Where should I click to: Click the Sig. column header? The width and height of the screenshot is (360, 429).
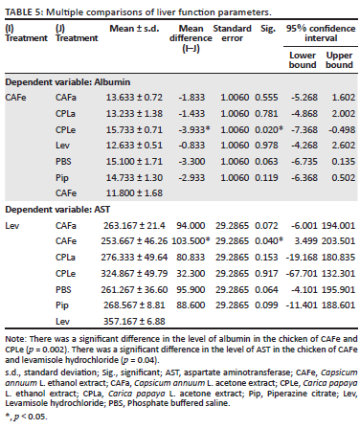click(268, 29)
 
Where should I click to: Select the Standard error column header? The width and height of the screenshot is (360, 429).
click(232, 34)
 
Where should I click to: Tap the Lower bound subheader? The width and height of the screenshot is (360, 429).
click(303, 60)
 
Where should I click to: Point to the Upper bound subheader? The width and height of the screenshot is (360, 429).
click(339, 60)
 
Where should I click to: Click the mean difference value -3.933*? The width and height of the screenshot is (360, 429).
click(194, 130)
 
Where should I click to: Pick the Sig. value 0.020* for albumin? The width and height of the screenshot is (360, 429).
click(269, 130)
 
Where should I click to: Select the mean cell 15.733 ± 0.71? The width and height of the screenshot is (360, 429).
click(134, 130)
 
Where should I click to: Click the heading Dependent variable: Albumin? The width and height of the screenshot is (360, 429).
click(68, 82)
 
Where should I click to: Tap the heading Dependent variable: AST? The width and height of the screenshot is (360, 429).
click(57, 210)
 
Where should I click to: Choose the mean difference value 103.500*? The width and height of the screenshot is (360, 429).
click(191, 241)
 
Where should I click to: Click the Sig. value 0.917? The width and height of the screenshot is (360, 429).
click(266, 274)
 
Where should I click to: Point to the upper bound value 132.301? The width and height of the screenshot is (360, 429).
click(338, 274)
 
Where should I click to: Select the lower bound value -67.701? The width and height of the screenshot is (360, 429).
click(302, 274)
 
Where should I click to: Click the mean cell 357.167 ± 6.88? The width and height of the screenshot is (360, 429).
click(134, 321)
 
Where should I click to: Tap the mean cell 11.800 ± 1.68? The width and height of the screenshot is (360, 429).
click(134, 193)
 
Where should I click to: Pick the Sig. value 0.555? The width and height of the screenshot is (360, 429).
click(266, 98)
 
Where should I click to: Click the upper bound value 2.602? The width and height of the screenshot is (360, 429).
click(344, 146)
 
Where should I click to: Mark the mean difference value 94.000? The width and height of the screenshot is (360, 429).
click(191, 226)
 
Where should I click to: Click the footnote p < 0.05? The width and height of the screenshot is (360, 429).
click(26, 417)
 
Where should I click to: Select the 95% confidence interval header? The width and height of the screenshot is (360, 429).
click(321, 34)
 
